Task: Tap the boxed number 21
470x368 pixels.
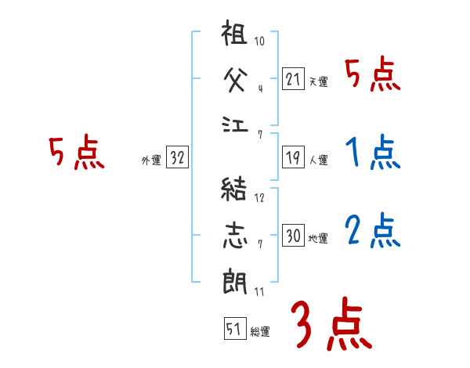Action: pos(293,79)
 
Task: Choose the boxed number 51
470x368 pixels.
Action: pos(233,330)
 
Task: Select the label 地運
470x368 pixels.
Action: pos(318,238)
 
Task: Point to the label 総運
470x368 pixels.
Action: pos(260,331)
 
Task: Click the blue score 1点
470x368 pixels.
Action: pos(371,153)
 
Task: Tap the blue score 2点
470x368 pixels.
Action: pos(372,230)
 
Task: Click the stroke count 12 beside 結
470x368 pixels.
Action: pos(259,197)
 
